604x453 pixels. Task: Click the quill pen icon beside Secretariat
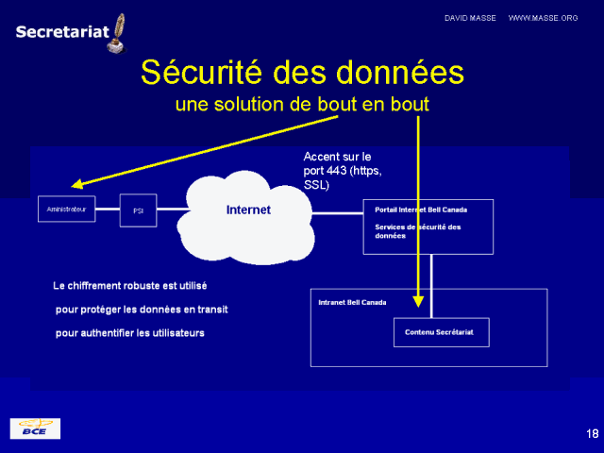pos(118,32)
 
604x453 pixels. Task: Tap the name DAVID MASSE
pos(471,18)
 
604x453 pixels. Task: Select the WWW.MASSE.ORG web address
pos(543,18)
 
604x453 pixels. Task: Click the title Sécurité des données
pos(302,72)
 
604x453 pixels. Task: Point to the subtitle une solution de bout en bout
pos(302,104)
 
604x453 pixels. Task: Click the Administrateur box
pos(67,209)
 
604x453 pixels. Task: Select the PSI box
pos(138,210)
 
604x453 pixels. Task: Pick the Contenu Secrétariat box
pos(441,332)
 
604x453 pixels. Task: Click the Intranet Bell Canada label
pos(352,303)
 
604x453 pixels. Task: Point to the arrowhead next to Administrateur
pos(76,185)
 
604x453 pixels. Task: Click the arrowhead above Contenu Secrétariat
pos(418,301)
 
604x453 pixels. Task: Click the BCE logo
pos(35,428)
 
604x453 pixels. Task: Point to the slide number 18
pos(592,433)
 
